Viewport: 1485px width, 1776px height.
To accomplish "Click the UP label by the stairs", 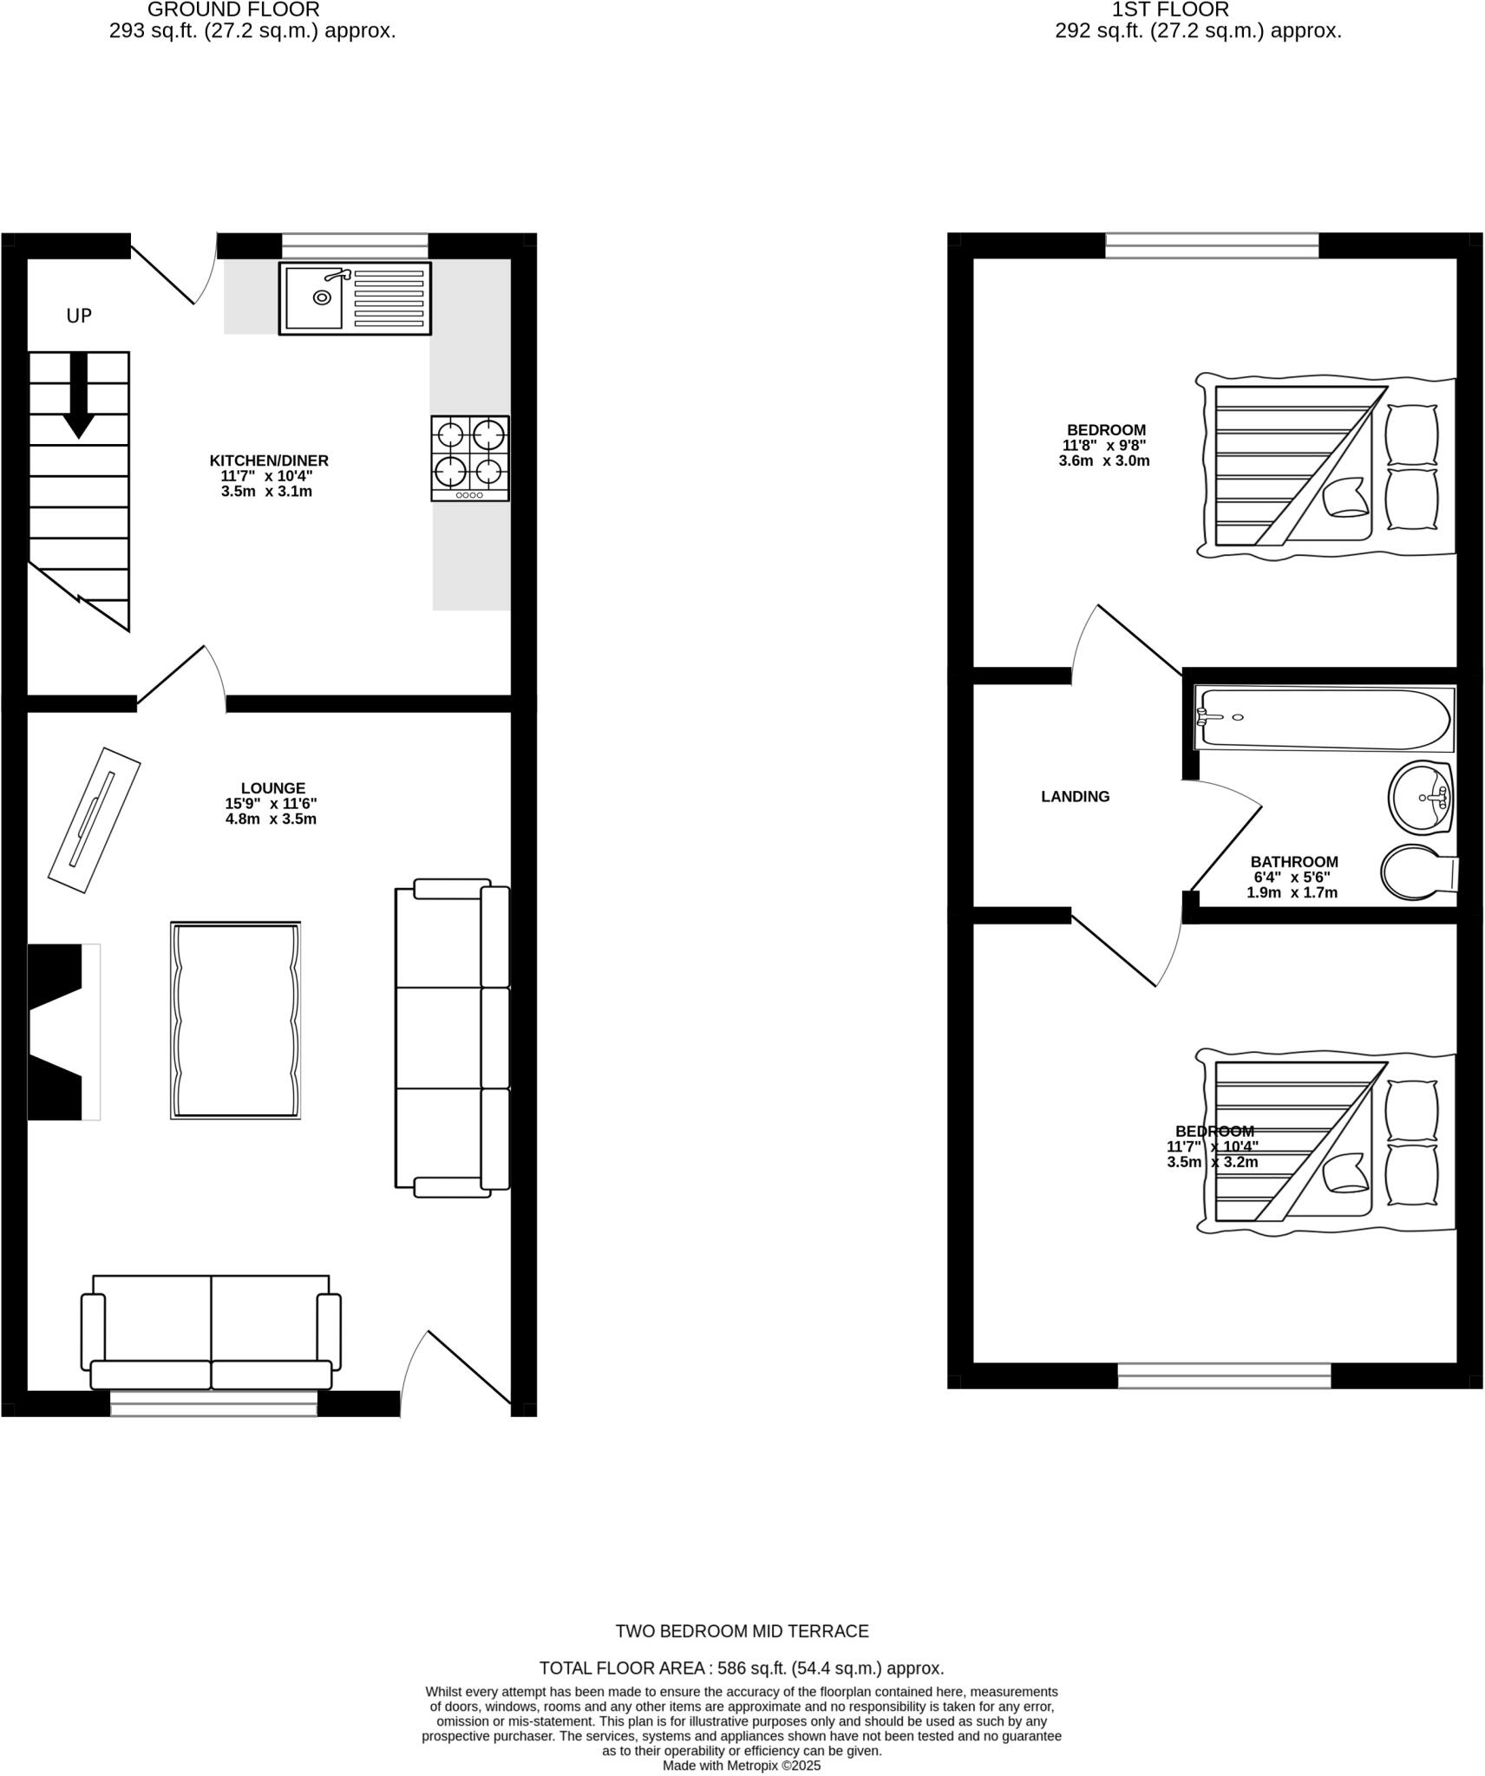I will tap(79, 316).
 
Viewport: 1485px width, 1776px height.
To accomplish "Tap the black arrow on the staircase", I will tap(79, 395).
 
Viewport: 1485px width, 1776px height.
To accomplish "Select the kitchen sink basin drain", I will tap(322, 297).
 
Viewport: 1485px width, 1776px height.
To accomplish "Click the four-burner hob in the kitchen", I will tap(470, 458).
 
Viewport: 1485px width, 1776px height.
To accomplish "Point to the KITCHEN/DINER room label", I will tap(269, 460).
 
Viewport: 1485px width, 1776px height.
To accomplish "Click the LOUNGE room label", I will tap(273, 788).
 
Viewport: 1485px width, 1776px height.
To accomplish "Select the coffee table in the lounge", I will tap(236, 1020).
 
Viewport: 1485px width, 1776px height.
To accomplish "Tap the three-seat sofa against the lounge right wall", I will tap(452, 1037).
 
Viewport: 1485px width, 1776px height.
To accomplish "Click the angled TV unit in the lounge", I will tap(95, 819).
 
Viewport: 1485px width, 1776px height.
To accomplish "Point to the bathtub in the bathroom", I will tap(1324, 719).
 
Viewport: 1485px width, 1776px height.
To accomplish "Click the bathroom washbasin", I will tap(1420, 796).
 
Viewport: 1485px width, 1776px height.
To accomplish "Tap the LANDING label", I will tap(1075, 796).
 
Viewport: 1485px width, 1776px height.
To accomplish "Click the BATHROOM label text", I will tap(1293, 862).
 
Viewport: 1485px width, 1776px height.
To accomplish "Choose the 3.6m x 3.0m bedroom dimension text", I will tap(1103, 460).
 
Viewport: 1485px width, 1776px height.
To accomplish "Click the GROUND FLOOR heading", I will tap(233, 10).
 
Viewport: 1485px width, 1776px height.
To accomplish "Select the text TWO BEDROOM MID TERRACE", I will tap(742, 1631).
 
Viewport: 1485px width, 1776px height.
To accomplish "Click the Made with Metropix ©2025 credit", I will tap(742, 1765).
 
